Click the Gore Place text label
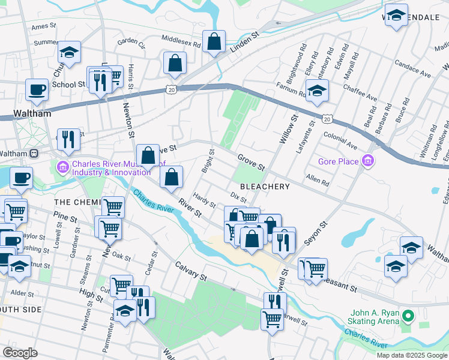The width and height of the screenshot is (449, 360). [x=339, y=161]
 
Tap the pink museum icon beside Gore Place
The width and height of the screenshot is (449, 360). [x=368, y=161]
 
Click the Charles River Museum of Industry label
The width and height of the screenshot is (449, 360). [x=110, y=168]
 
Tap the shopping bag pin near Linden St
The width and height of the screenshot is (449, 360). [x=214, y=42]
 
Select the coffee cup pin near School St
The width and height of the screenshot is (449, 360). [x=37, y=90]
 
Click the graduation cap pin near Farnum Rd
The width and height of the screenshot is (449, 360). [x=317, y=91]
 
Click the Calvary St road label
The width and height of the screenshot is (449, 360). [x=191, y=271]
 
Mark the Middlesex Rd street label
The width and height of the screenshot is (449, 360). [x=181, y=40]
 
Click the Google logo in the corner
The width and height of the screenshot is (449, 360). [x=20, y=353]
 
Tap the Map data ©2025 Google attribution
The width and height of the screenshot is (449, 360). [x=412, y=355]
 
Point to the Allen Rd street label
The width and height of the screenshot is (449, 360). [x=318, y=179]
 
